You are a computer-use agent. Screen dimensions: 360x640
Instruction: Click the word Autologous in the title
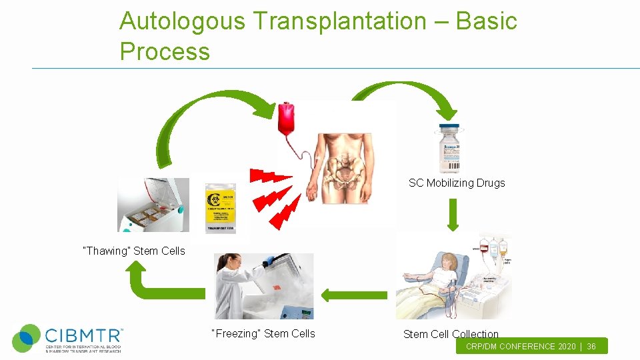coord(182,21)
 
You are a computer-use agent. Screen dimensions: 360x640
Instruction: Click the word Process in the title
coord(165,51)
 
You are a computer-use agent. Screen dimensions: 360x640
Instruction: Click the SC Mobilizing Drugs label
coord(457,183)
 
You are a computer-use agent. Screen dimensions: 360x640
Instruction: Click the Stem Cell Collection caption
coord(451,334)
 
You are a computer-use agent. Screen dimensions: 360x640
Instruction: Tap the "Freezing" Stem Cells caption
coord(263,333)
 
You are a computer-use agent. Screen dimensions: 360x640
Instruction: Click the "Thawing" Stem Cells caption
coord(133,251)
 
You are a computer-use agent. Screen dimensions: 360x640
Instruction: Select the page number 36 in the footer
coord(591,347)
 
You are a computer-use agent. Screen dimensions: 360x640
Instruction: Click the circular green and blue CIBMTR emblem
coord(27,338)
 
